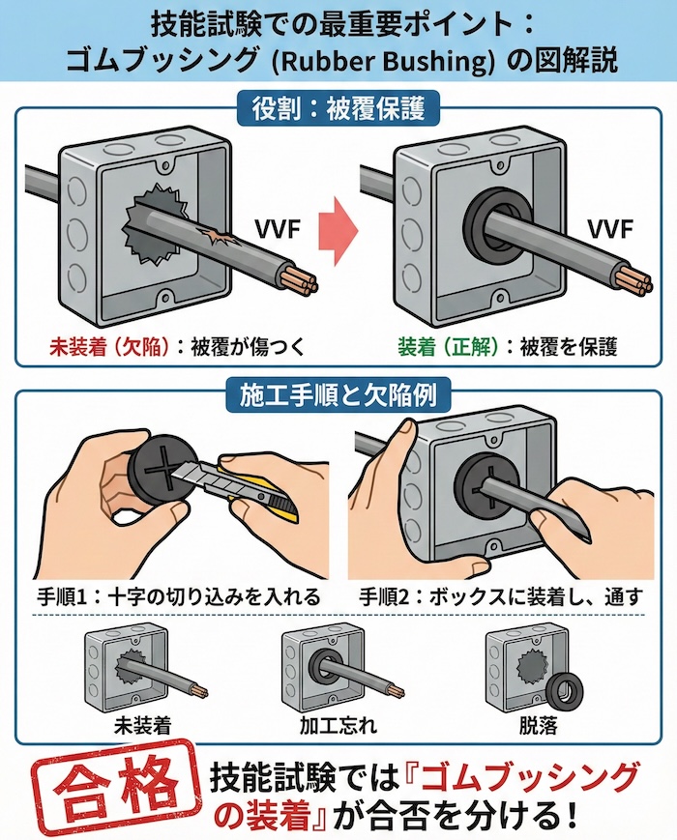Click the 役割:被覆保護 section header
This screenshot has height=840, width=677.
(338, 106)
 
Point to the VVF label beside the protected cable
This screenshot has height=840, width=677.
(609, 230)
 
